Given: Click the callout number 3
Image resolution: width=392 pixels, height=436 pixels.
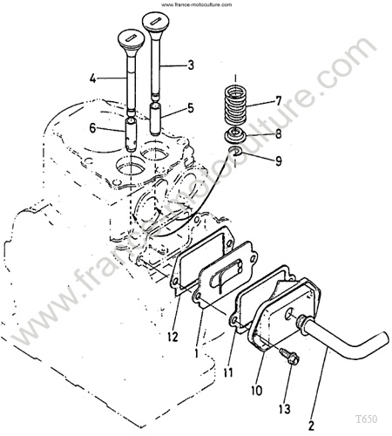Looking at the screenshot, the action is click(x=191, y=65).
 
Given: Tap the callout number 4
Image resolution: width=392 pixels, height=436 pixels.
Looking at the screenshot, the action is click(x=92, y=78).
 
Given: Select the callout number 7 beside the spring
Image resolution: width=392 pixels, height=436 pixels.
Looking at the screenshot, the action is click(x=279, y=101).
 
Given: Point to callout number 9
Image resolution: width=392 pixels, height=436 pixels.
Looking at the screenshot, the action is click(x=279, y=160).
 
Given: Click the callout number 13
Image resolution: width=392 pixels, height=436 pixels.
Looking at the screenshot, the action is click(x=285, y=409).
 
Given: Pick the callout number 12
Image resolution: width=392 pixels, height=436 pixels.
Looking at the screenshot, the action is click(x=172, y=337).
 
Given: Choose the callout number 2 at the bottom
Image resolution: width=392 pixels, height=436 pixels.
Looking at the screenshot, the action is click(x=311, y=426).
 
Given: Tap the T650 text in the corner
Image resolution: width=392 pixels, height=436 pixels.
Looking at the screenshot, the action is click(x=367, y=419).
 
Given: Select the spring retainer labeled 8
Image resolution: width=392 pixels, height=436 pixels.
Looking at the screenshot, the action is click(x=235, y=135).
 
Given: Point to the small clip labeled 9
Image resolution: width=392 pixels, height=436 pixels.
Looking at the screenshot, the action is click(x=235, y=151).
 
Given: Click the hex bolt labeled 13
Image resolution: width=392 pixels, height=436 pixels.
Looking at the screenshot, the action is click(x=288, y=357).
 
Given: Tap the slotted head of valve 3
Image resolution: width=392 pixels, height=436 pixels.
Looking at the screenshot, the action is click(x=156, y=22).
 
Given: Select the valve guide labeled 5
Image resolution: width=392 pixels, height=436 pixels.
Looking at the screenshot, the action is click(x=156, y=119).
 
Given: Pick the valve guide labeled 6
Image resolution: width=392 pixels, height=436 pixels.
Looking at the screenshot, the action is click(x=132, y=134).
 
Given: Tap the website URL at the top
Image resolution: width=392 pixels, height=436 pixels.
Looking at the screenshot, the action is click(x=197, y=4).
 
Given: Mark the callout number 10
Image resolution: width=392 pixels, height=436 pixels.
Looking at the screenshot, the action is click(x=257, y=391).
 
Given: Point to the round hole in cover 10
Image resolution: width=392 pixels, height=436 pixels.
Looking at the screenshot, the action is click(x=289, y=314).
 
